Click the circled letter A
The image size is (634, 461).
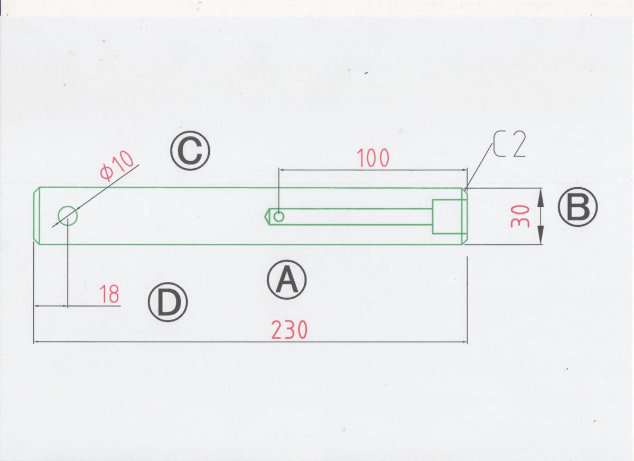pos(287,280)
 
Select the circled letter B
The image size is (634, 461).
pos(577,207)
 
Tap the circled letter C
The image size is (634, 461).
pos(190,150)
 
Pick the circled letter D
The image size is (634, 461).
pos(168,302)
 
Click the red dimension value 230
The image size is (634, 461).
pos(290,330)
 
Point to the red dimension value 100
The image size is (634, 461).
pos(373,158)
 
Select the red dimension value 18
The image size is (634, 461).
pos(109,294)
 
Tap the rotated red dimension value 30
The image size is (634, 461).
pos(520,216)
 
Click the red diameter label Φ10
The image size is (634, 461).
pos(116,165)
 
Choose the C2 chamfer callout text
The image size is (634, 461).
pos(509,144)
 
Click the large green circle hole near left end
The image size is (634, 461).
pos(68,216)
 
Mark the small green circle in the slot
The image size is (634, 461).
pos(279,217)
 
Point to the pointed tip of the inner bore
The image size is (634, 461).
pos(265,217)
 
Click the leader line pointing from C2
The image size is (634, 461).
pos(478,167)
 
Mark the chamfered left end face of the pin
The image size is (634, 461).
pos(36,216)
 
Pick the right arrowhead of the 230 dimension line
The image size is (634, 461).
pos(464,342)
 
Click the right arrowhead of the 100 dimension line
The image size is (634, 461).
pos(464,170)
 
